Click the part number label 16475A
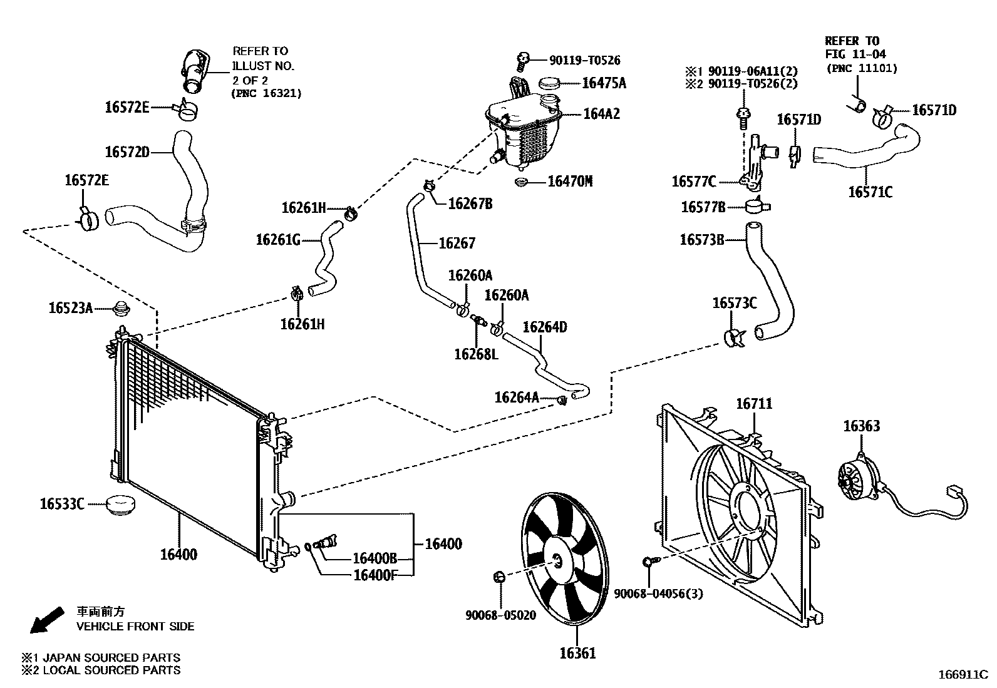click(x=604, y=83)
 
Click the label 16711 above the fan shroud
click(x=754, y=404)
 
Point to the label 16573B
click(x=701, y=239)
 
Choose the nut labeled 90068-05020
click(x=499, y=576)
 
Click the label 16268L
click(x=476, y=354)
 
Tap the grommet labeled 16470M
click(x=520, y=182)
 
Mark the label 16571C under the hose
click(x=870, y=192)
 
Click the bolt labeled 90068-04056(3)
click(x=649, y=562)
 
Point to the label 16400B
click(x=375, y=558)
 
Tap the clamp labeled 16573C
click(x=733, y=337)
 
